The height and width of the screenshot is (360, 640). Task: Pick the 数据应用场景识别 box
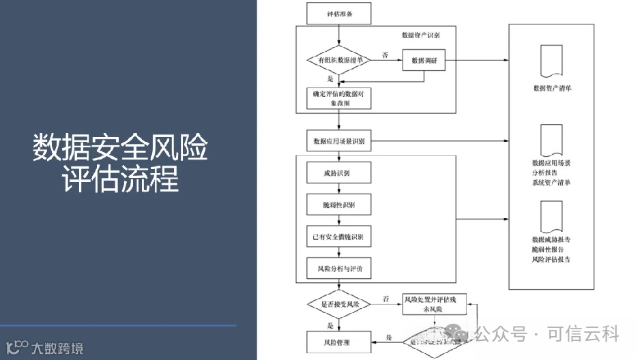(x=338, y=142)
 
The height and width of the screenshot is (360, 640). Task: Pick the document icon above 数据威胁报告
(x=551, y=216)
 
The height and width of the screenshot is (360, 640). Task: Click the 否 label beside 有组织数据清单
(x=386, y=55)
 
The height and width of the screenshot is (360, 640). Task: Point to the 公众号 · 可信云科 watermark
(x=546, y=334)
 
